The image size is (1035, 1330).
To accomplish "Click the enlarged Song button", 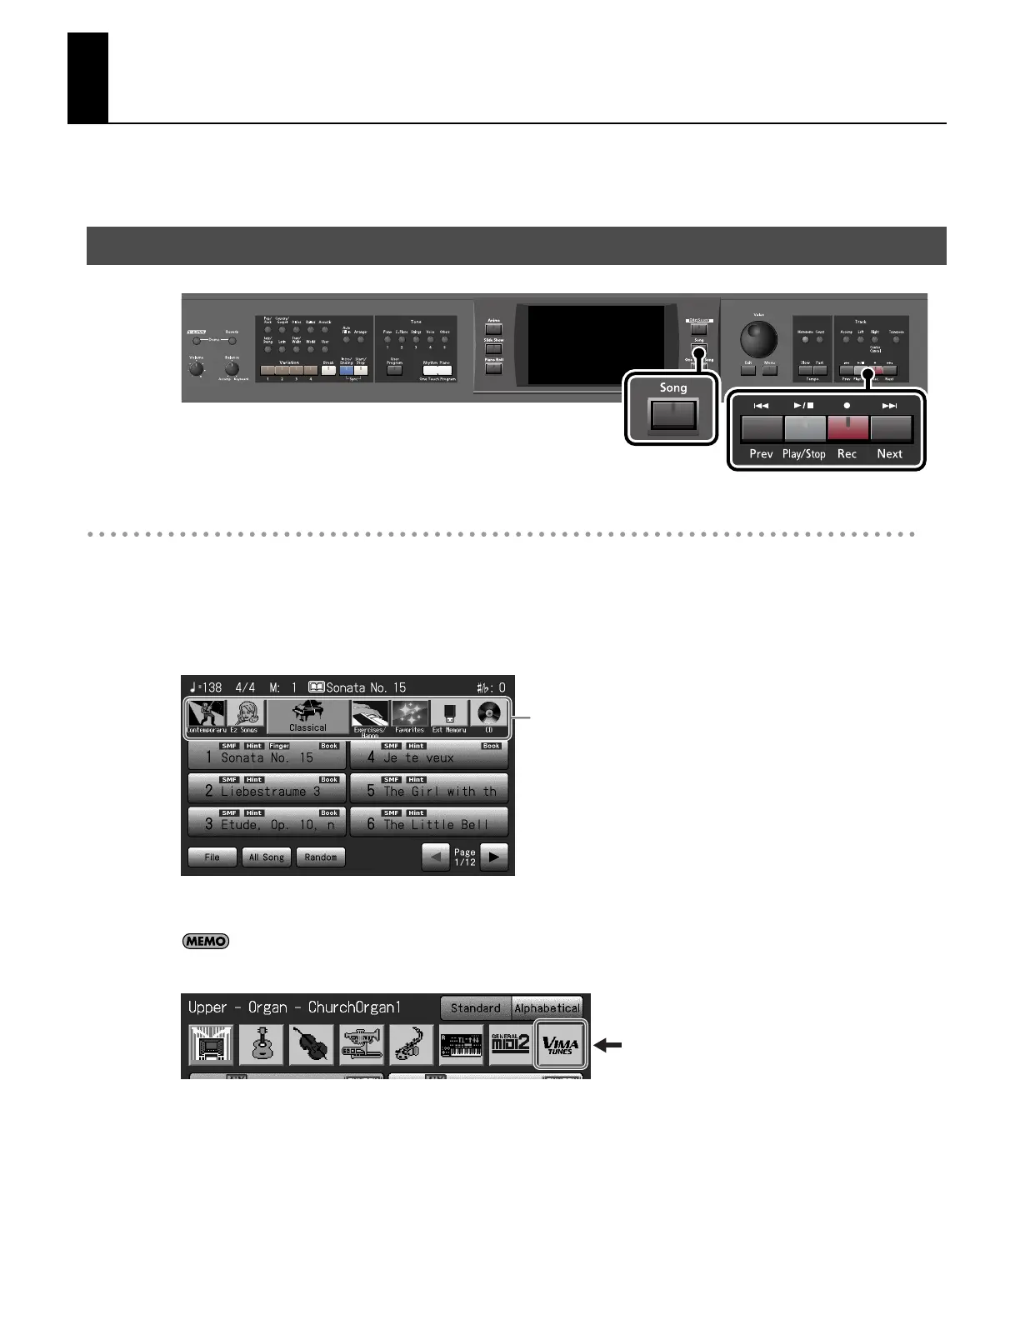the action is tap(673, 414).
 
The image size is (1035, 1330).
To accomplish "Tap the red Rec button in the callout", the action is tap(847, 427).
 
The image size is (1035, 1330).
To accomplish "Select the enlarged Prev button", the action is tap(762, 427).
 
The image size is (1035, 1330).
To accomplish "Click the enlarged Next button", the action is tap(891, 427).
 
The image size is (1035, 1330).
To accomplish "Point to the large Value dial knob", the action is tap(758, 339).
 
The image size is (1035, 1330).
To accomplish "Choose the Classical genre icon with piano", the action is tap(307, 717).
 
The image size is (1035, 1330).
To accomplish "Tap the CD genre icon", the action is tap(489, 717).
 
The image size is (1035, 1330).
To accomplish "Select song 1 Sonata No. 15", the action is tap(266, 755).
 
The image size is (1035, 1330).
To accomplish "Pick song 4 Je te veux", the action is tap(428, 755).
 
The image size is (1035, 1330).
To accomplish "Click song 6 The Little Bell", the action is tap(428, 822).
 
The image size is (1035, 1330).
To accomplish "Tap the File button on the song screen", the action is tap(212, 857).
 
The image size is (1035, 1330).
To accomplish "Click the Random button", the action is tap(320, 857).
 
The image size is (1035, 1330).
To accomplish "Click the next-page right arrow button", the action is tap(494, 857).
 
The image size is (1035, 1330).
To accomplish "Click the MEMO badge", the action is tap(205, 941).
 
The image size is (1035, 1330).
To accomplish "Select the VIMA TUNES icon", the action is tap(560, 1044).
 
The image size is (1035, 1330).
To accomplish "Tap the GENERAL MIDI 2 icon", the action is tap(510, 1044).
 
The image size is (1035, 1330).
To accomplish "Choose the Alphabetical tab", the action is tap(547, 1007).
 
